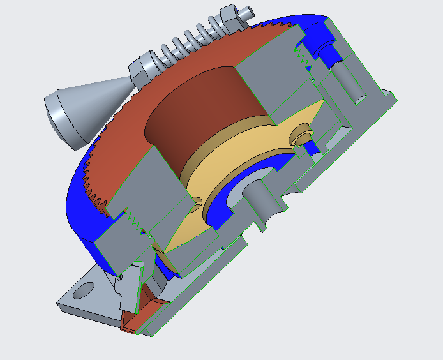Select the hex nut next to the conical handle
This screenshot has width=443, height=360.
[x=142, y=69]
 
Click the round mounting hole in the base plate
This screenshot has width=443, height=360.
[x=84, y=290]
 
